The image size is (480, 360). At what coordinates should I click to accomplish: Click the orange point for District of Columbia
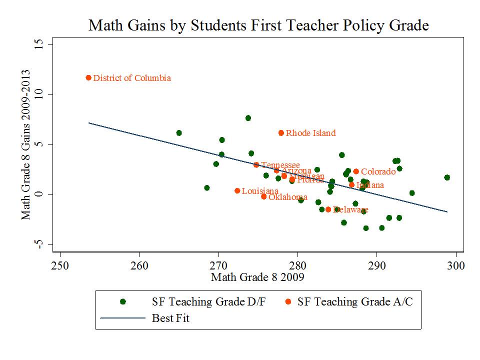tap(88, 77)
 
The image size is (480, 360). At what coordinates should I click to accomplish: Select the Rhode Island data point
tap(281, 133)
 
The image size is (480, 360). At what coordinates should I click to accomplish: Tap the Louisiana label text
tap(260, 191)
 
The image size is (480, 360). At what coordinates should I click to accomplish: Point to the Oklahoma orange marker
tap(263, 196)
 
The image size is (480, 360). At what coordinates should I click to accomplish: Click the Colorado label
tap(378, 172)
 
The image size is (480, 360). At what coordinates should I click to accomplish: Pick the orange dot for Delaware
tap(328, 209)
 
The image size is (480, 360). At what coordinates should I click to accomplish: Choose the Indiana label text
tap(370, 185)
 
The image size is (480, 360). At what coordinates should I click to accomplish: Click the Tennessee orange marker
tap(256, 165)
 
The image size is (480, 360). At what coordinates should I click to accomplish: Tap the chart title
tap(258, 25)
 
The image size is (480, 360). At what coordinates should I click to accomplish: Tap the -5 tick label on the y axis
tap(36, 244)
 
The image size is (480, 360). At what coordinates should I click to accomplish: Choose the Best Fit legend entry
tap(170, 317)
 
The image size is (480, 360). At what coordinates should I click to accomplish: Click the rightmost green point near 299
tap(447, 177)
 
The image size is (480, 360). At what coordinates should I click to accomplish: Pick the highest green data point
tap(248, 118)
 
